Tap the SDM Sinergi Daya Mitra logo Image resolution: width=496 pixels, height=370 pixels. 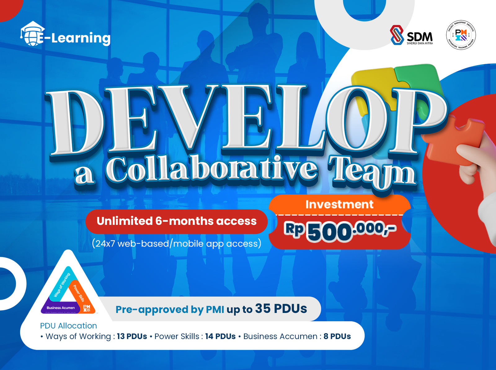coord(411,35)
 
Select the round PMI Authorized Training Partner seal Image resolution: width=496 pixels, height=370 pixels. coord(461,35)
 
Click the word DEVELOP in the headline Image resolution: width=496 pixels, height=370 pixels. coord(245,121)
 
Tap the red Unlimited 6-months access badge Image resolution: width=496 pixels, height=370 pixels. coord(176,221)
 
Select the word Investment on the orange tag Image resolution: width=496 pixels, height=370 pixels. coord(339,204)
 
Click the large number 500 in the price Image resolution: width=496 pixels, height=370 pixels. coord(329,232)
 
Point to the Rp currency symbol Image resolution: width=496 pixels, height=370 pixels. coord(294,229)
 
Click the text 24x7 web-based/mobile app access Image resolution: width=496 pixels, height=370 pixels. coord(176,243)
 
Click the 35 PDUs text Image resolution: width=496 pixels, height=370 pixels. coord(281,309)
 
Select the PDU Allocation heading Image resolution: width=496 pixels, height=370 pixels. coord(69,326)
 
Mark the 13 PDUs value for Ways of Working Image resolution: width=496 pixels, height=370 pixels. coord(132,337)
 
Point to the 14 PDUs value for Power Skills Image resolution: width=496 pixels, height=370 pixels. coord(220,337)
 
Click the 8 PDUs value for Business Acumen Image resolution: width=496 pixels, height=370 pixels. coord(337,337)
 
